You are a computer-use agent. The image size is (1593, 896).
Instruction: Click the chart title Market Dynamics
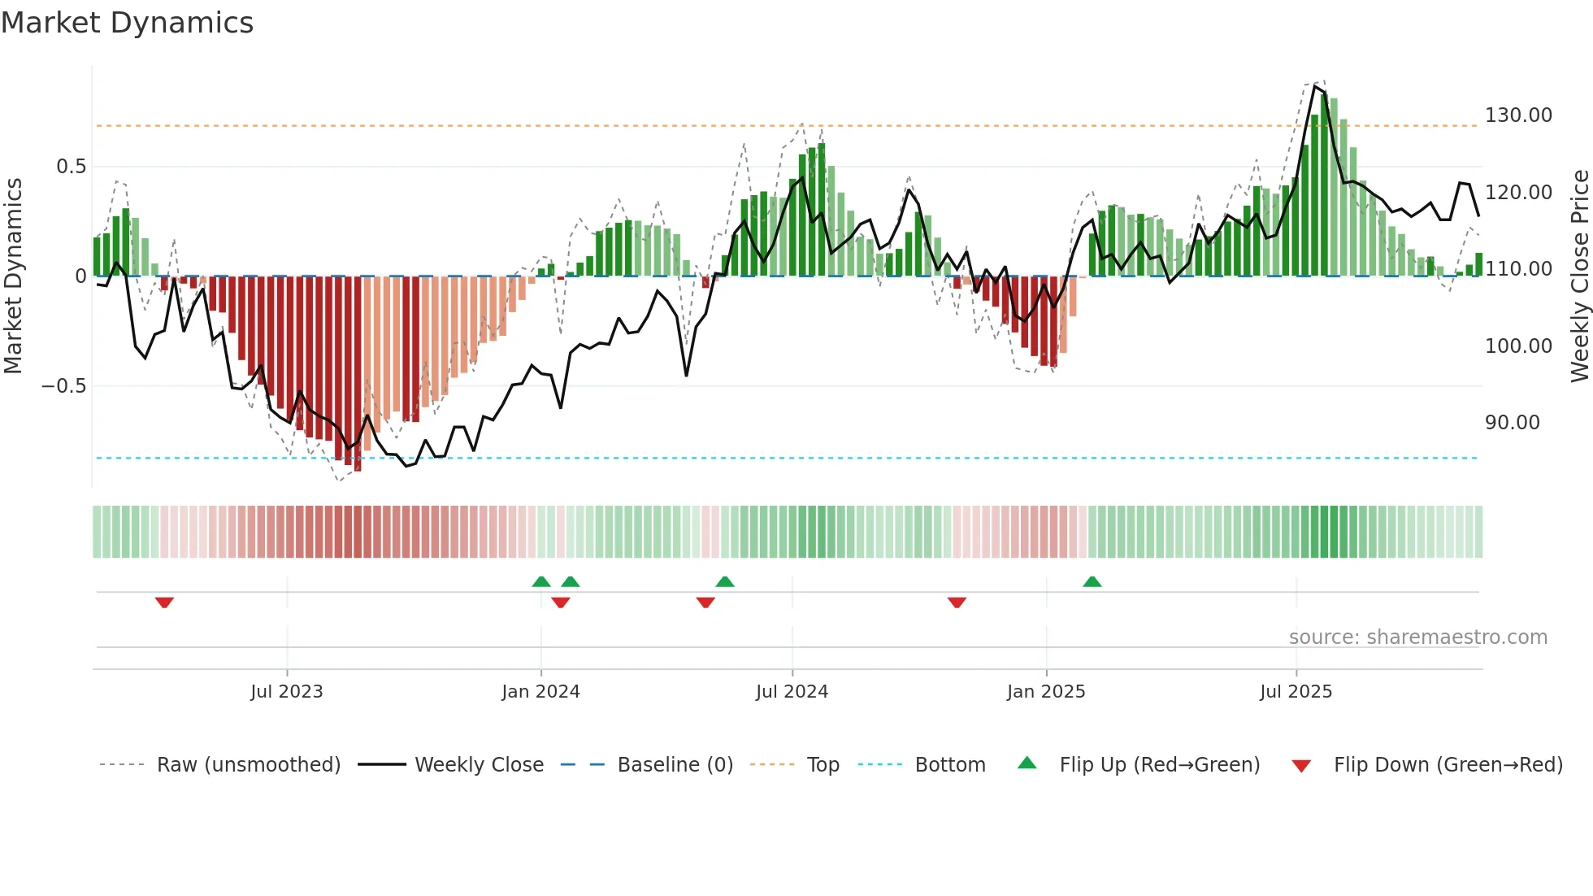coord(128,23)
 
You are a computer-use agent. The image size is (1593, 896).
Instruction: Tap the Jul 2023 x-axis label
coord(286,691)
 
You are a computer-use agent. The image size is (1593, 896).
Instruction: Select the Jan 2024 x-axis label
coord(540,691)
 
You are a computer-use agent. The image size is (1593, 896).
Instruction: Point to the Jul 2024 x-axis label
coord(792,691)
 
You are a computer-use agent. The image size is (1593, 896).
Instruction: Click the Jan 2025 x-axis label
coord(1046,691)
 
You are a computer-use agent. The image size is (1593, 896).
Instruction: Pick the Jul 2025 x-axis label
coord(1296,691)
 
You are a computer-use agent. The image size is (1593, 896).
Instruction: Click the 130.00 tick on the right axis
coord(1518,115)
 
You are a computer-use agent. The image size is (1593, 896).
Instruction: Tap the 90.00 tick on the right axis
coord(1513,423)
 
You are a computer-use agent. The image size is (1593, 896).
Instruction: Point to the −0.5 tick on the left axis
coord(63,386)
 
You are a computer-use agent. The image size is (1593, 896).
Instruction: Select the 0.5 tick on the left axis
coord(71,167)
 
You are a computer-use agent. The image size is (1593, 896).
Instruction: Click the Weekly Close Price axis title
coord(1579,276)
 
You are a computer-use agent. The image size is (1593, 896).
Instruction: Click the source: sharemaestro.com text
coord(1417,637)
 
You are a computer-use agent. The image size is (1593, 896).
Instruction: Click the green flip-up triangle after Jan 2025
coord(1092,582)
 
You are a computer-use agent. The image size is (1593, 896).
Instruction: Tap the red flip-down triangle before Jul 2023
coord(164,602)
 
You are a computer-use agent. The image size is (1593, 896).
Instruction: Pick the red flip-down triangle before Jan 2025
coord(957,602)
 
